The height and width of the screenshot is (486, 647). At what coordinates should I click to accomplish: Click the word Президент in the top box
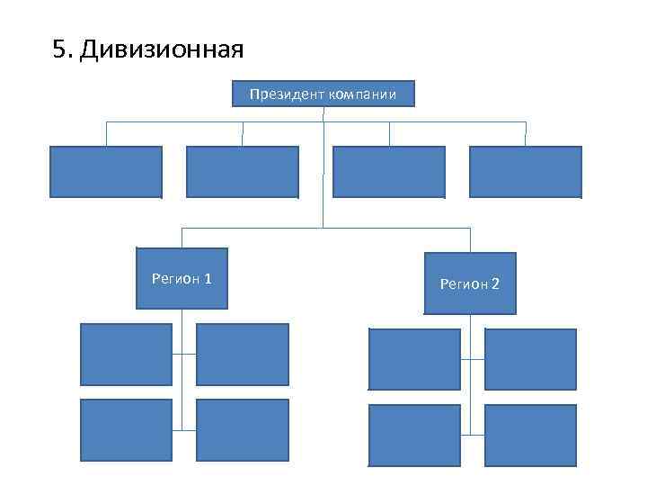280,94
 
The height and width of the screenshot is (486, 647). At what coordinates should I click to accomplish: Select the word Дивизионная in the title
162,49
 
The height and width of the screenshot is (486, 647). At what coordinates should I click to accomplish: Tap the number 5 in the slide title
58,49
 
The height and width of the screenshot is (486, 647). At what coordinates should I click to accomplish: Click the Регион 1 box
182,278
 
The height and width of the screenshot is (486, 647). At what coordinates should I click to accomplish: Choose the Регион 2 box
469,283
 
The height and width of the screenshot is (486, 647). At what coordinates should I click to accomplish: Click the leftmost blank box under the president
106,172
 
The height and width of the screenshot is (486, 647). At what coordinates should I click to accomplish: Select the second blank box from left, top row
242,172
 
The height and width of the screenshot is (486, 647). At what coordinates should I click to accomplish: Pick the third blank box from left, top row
388,172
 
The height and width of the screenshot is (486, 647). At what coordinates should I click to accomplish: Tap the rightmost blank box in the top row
525,172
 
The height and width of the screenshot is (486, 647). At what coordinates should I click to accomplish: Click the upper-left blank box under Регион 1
126,355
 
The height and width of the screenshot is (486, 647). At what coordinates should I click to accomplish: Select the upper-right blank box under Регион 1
243,355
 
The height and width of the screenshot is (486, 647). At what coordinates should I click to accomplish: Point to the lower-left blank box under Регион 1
126,430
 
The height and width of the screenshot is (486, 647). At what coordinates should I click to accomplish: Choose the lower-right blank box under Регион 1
243,430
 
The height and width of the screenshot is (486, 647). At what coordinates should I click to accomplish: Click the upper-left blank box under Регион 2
414,359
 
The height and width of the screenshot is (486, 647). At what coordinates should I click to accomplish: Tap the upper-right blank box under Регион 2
530,359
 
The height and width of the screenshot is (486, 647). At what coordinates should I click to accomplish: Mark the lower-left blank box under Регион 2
414,436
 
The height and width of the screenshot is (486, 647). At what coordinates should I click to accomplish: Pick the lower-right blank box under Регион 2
530,436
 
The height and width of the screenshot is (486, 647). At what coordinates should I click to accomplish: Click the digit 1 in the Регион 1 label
208,278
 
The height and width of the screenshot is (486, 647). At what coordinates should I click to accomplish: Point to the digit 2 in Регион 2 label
495,284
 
